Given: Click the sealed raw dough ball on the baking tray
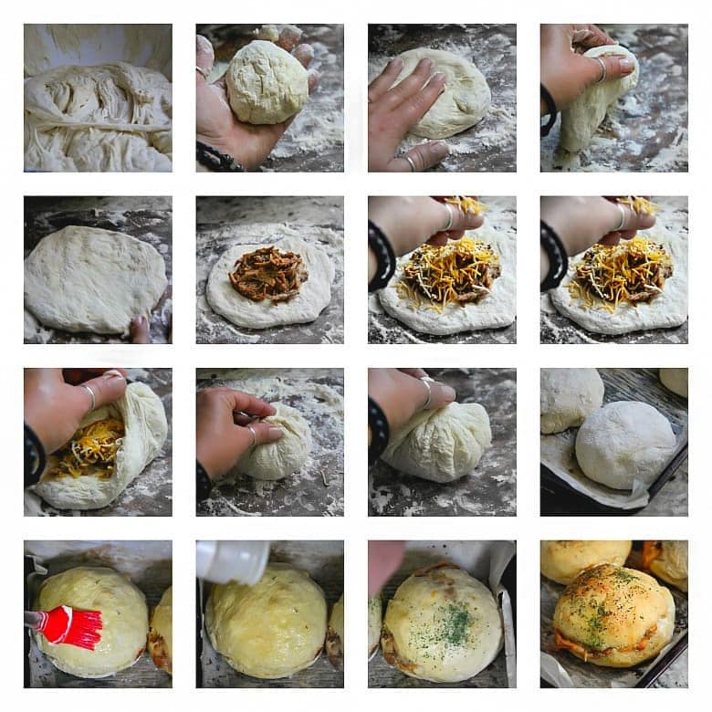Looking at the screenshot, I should pyautogui.click(x=624, y=444).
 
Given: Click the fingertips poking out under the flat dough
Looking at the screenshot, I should pyautogui.click(x=140, y=329).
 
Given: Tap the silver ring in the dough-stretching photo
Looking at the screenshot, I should pyautogui.click(x=602, y=69).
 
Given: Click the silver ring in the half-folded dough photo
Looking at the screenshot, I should pyautogui.click(x=89, y=395).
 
